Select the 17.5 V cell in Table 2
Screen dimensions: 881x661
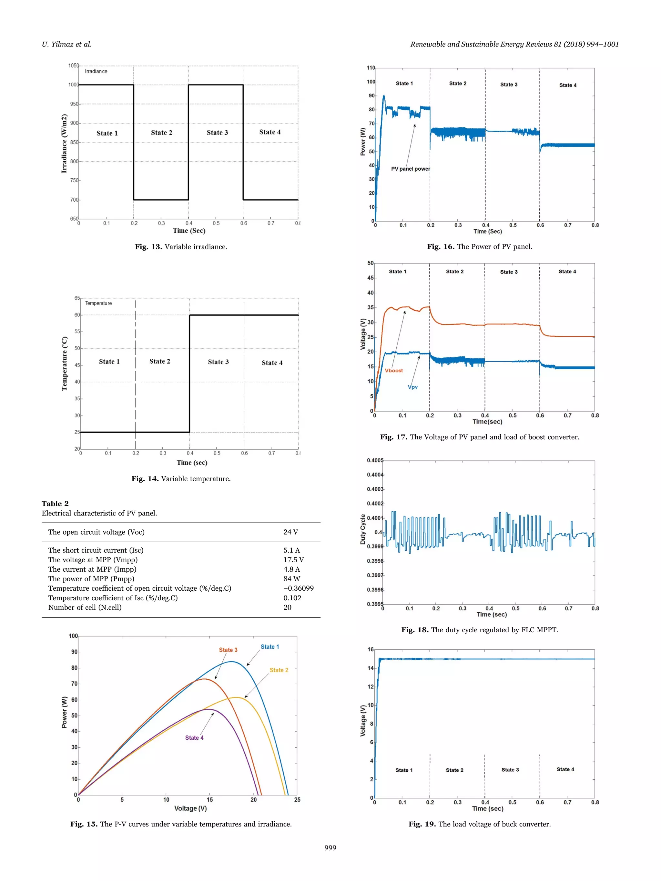293,560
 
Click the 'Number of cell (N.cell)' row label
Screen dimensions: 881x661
85,607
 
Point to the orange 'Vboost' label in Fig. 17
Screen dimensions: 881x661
394,370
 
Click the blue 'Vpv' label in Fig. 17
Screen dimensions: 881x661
413,387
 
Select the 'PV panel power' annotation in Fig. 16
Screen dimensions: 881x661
411,169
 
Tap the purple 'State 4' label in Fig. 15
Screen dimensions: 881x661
194,738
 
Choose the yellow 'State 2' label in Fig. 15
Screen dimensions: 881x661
279,670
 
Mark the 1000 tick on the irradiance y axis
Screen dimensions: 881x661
73,85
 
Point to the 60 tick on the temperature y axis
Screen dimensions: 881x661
77,315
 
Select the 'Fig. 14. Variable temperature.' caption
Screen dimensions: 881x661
181,479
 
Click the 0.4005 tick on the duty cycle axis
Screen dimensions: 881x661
375,460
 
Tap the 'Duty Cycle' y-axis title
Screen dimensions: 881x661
362,529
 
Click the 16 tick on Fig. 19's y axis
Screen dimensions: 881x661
371,650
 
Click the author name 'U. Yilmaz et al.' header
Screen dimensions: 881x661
66,44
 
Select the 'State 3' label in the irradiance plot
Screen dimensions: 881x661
217,133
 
